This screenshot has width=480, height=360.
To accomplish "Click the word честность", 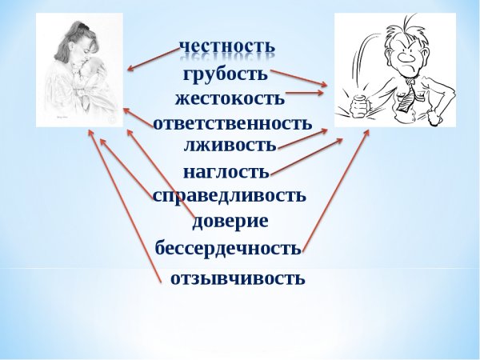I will (x=226, y=47).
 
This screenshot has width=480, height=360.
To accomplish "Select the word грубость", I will (x=224, y=74).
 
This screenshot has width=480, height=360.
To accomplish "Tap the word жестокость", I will (x=229, y=99).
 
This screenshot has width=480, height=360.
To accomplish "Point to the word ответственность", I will (x=231, y=124).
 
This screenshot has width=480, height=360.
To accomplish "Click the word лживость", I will (x=230, y=145).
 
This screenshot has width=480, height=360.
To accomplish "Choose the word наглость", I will (x=226, y=171).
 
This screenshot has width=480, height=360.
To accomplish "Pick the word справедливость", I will (x=229, y=194).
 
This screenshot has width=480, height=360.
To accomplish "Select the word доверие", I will (x=230, y=221).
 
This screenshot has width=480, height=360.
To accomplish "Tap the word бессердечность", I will (x=228, y=247).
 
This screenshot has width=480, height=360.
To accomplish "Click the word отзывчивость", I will (x=238, y=278).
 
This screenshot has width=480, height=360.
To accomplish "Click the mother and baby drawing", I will (x=79, y=70).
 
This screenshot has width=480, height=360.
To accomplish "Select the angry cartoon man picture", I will (x=394, y=70).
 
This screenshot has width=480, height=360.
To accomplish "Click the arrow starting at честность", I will (x=154, y=58).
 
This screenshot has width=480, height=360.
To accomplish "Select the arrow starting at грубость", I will (x=300, y=78).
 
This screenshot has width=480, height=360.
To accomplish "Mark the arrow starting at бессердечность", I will (x=336, y=189).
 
